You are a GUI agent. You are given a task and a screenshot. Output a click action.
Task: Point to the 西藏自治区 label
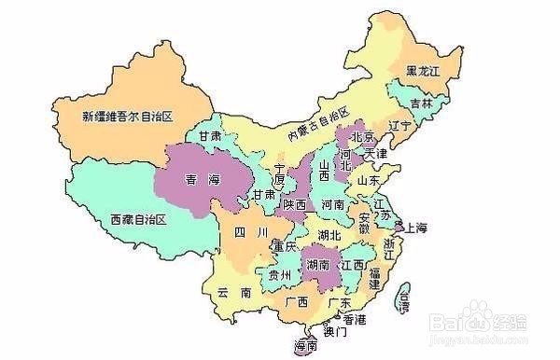click(x=137, y=219)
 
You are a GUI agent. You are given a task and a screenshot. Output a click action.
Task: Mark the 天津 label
click(x=375, y=152)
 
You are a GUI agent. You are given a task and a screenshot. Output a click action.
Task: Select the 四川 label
click(x=251, y=231)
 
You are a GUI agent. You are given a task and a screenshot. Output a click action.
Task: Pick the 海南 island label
click(x=305, y=346)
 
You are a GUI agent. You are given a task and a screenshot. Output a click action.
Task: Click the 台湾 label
click(x=403, y=298)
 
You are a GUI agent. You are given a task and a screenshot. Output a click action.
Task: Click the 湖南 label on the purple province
click(x=318, y=266)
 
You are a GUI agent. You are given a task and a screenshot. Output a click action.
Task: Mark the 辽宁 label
click(x=400, y=124)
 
